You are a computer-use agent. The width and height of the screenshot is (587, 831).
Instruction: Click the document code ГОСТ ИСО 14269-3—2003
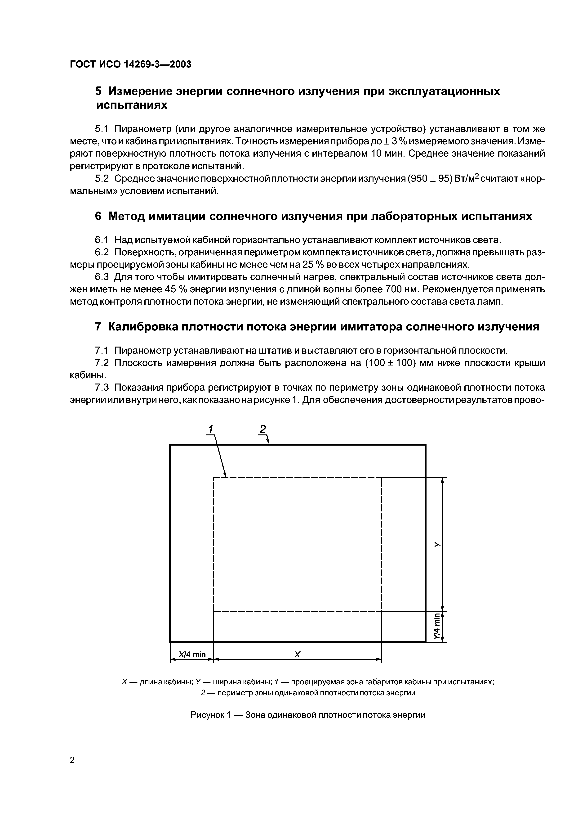(x=130, y=64)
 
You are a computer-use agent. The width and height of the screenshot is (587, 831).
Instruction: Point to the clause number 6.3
(x=102, y=277)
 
